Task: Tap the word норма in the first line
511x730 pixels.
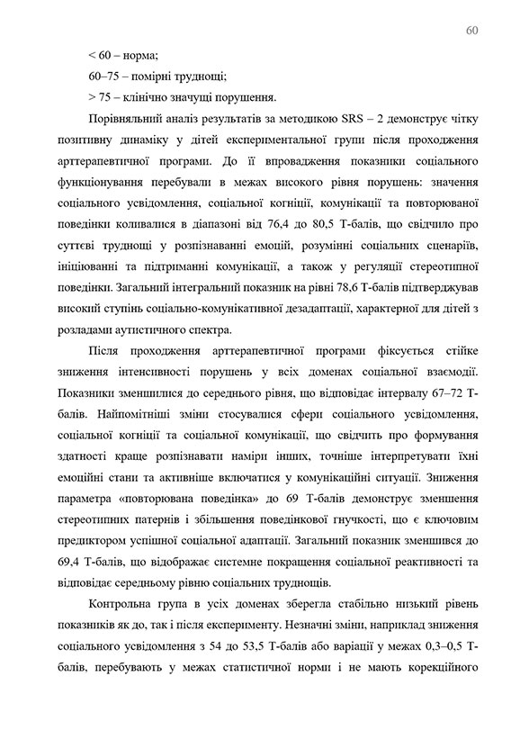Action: click(x=140, y=55)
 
